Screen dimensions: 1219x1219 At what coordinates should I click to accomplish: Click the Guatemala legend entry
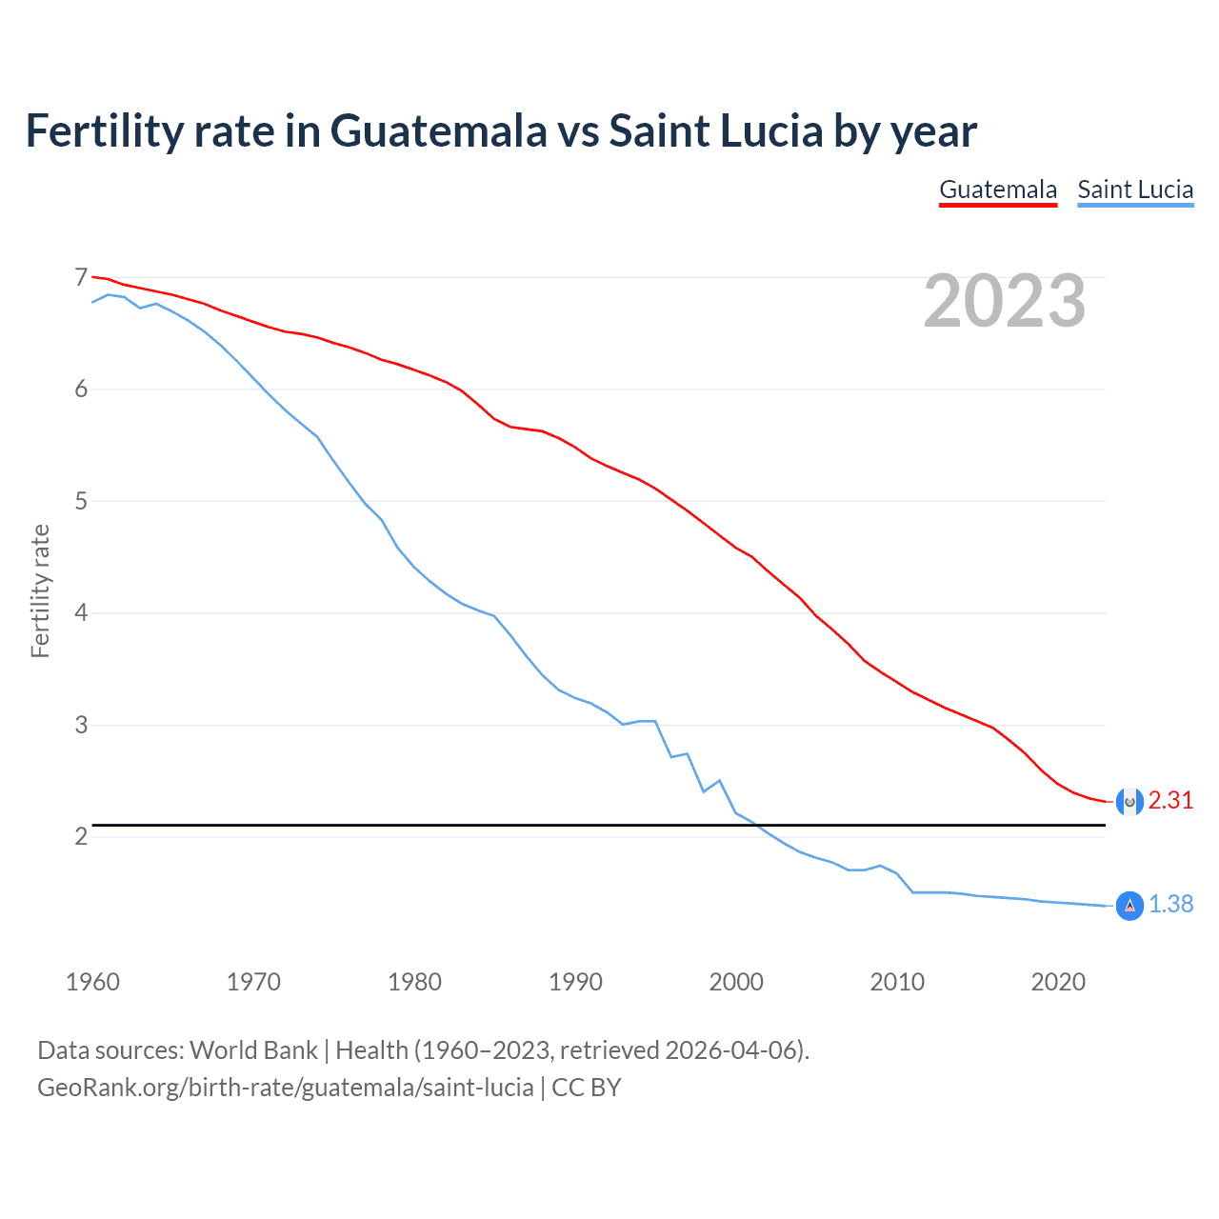point(998,190)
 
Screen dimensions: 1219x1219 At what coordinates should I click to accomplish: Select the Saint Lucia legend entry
point(1135,190)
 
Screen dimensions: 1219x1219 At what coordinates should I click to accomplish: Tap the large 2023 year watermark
point(1005,301)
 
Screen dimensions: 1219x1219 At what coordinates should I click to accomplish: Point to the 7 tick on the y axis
point(81,277)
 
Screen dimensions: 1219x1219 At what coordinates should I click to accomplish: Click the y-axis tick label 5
point(81,501)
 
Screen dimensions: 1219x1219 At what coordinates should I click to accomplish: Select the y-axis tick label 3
point(81,725)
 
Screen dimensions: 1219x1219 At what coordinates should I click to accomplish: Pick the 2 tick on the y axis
point(81,837)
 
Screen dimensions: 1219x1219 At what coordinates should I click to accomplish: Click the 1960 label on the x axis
point(92,982)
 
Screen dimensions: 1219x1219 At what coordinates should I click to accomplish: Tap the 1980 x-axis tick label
point(414,982)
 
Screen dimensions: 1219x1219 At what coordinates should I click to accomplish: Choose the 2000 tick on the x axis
point(736,982)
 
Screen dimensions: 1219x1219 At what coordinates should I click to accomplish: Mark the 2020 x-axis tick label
point(1058,982)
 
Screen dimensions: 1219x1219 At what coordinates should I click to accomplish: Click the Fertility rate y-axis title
point(40,590)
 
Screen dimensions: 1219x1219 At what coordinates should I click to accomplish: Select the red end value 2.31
point(1170,801)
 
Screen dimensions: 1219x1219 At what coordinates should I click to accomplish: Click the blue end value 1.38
point(1170,905)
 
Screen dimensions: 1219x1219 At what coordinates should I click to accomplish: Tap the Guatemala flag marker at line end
point(1129,802)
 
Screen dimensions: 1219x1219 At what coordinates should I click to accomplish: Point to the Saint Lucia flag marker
point(1129,906)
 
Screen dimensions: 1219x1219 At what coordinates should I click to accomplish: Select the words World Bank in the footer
point(253,1050)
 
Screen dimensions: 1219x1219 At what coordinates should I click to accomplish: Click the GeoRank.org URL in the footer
point(285,1088)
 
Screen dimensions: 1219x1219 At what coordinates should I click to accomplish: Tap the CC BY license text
point(587,1088)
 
